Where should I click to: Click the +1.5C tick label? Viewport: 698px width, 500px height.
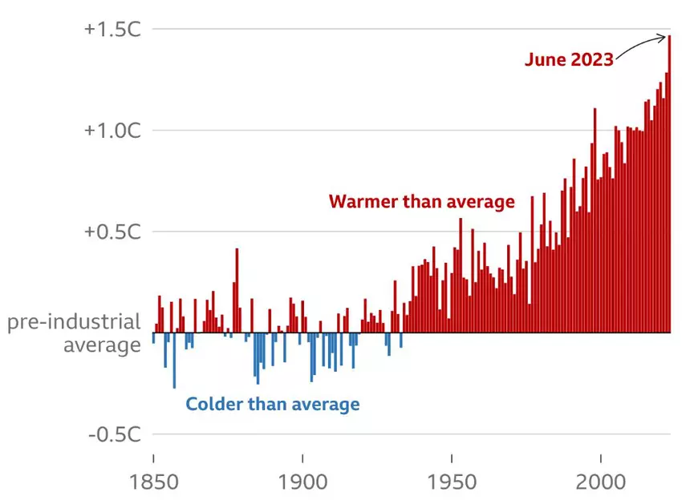(x=112, y=30)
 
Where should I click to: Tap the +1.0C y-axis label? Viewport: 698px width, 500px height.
(x=112, y=131)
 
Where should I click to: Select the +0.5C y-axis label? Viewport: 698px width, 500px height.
(x=112, y=232)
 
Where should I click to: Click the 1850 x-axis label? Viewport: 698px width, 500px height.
(x=152, y=482)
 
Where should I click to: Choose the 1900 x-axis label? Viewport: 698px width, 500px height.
(x=302, y=482)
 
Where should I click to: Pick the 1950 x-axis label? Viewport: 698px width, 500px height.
(x=452, y=482)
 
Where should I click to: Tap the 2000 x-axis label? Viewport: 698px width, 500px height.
(x=601, y=482)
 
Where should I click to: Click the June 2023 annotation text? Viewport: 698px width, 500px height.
(x=569, y=59)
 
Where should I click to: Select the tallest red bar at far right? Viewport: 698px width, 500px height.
(x=669, y=184)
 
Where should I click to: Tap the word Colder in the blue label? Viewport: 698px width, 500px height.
(x=214, y=404)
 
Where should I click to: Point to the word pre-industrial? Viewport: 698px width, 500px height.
(x=74, y=322)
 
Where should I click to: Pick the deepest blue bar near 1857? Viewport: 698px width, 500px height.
(x=174, y=361)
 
